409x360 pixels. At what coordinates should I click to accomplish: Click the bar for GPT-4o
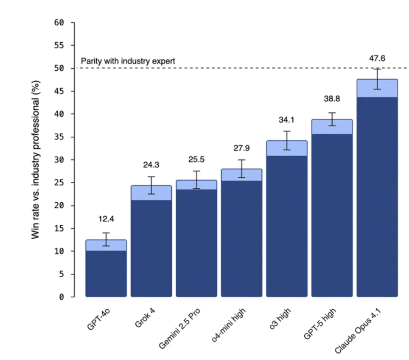(x=106, y=272)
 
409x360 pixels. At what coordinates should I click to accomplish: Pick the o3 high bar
(x=287, y=224)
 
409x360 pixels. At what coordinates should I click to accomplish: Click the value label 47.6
(x=377, y=58)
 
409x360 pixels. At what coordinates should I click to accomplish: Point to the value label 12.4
(x=106, y=219)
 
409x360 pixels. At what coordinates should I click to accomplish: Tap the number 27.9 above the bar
(x=242, y=148)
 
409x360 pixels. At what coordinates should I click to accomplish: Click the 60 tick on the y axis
(x=59, y=22)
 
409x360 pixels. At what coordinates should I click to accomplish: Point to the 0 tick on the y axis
(x=62, y=297)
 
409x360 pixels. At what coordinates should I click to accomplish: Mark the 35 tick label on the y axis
(x=59, y=137)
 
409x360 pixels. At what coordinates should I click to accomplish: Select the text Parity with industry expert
(x=128, y=62)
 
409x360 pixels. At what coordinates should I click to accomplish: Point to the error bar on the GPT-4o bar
(x=106, y=239)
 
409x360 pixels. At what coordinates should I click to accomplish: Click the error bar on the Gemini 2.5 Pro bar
(x=196, y=180)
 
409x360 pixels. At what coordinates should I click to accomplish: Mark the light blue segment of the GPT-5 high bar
(x=332, y=127)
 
